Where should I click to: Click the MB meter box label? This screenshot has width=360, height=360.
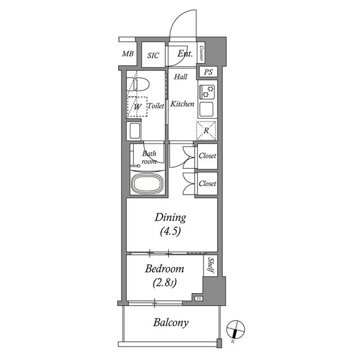coord(128,54)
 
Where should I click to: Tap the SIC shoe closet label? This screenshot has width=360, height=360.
coord(153,55)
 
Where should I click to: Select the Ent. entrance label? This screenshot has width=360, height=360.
coord(185,53)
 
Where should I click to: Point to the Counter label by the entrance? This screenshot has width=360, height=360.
coord(201,53)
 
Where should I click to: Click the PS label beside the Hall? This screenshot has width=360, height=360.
coord(208,72)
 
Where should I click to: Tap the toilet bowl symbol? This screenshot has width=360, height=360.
coord(138,84)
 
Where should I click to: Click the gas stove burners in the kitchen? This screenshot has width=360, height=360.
coord(207,92)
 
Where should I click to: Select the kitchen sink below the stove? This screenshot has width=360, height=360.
coord(206,109)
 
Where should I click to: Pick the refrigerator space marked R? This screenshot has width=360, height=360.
coord(206,130)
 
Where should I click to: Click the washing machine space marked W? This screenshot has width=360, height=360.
coord(137,106)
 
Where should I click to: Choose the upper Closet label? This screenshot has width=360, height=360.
coord(208,156)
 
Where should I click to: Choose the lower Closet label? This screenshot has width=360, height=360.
coord(208,183)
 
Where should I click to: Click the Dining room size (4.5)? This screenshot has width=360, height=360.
coord(170,231)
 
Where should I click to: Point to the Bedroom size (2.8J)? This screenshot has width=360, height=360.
coord(164,283)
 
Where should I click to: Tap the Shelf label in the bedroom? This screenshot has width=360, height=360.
coord(210,265)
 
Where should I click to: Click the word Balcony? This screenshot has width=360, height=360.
coord(171,322)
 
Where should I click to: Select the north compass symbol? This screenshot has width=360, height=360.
coord(236,330)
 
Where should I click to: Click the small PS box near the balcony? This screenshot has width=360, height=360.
coord(199,299)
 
